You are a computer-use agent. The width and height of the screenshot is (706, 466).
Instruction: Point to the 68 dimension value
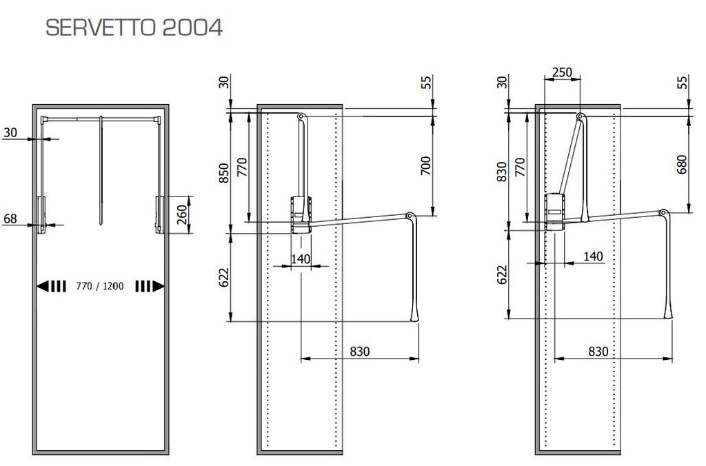10,219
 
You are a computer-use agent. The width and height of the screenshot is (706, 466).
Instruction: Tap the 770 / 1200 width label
100,286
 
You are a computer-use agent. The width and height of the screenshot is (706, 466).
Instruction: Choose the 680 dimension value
683,165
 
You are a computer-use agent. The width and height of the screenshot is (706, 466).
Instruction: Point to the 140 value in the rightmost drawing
593,256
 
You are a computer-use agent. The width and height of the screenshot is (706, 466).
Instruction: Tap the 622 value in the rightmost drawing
503,274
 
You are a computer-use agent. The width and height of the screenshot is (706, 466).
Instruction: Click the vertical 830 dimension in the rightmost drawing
503,170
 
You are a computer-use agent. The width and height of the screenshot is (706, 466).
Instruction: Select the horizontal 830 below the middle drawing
360,351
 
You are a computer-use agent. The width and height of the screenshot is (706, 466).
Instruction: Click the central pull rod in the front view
101,169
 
